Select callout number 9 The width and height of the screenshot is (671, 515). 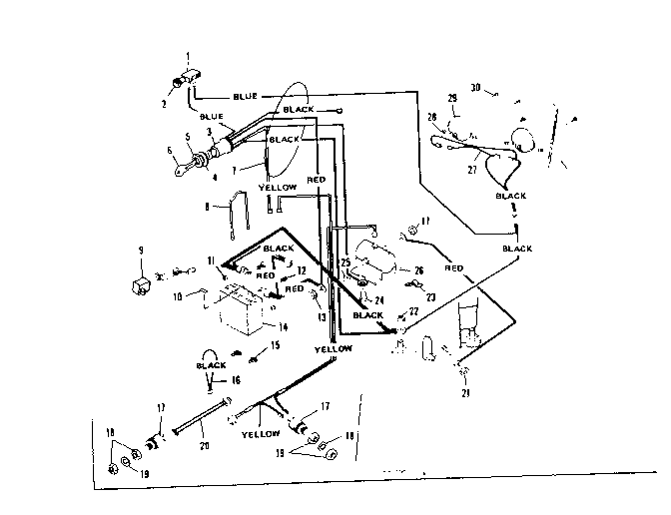[141, 250]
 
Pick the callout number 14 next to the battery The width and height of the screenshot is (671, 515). [283, 325]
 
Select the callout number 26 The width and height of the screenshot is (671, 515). [417, 269]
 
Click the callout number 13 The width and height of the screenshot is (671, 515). [321, 315]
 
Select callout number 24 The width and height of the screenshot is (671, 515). [379, 298]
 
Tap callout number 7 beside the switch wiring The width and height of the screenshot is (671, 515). [236, 171]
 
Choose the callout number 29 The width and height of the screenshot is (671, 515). [451, 98]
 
